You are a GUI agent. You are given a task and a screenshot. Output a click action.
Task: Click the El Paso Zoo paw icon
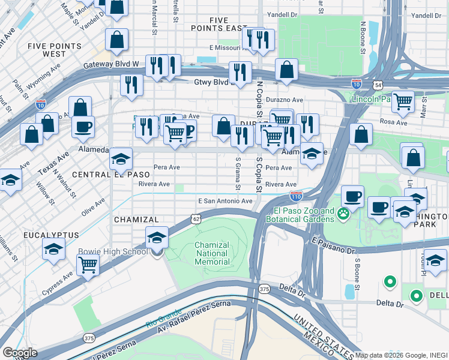point(343,214)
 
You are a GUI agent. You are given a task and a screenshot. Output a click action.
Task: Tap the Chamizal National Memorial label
point(212,253)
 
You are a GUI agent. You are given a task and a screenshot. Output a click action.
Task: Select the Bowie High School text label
point(113,251)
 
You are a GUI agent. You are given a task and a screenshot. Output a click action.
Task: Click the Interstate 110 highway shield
point(296,196)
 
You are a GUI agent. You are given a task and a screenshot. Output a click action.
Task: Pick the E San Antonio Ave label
point(225,201)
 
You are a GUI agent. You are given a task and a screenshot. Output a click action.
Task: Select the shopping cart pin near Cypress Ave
point(88,264)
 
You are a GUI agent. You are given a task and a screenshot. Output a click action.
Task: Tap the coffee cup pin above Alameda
point(83,127)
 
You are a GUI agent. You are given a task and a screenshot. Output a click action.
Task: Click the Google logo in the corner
point(19,353)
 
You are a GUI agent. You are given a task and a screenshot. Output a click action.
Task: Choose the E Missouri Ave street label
point(228,47)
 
